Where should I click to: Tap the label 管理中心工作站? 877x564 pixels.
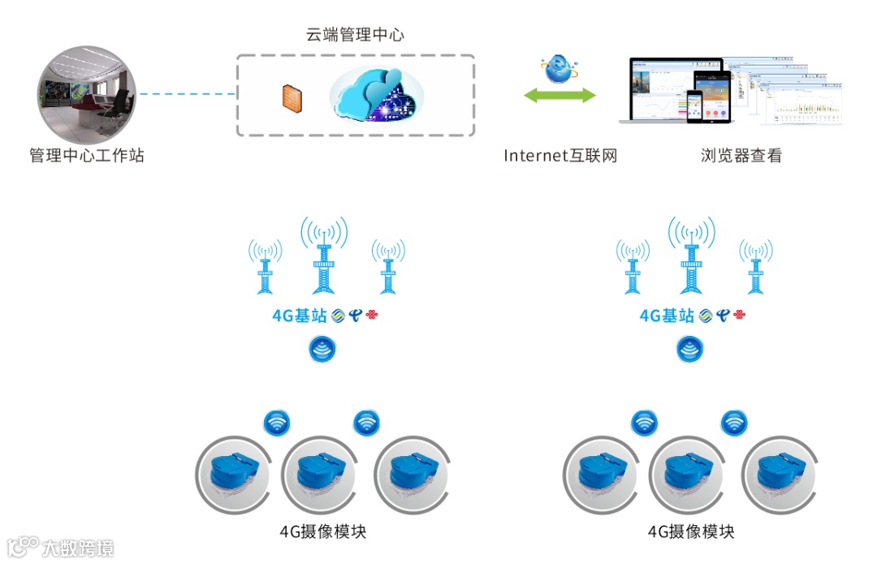87,155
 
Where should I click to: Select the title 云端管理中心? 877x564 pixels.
355,34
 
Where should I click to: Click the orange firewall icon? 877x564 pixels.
291,96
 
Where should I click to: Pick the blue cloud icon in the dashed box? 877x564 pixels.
375,94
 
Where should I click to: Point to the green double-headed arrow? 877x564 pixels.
559,96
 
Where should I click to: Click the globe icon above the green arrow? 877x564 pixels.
559,69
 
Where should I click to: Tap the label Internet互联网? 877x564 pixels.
560,155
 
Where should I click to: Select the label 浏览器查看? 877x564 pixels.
741,155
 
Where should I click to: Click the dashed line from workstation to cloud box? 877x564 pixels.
187,95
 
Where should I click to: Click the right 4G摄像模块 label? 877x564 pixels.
691,532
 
